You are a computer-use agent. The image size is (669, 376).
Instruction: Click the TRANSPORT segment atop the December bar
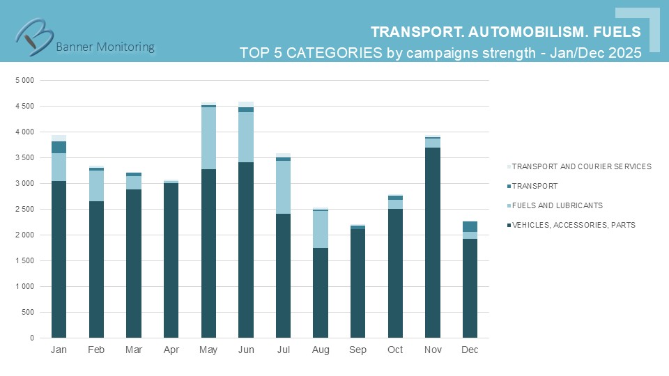click(470, 226)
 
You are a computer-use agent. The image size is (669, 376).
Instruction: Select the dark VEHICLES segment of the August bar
click(321, 292)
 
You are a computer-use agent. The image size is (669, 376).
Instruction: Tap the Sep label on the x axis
click(357, 350)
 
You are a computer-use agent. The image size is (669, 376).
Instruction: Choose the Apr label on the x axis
click(171, 350)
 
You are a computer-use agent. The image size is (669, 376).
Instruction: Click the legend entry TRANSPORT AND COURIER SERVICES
click(582, 166)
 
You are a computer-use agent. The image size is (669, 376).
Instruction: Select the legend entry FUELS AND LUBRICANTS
click(557, 205)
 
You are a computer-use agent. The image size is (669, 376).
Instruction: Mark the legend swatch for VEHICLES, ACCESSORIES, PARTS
click(509, 225)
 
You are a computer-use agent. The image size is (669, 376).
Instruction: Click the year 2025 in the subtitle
click(624, 53)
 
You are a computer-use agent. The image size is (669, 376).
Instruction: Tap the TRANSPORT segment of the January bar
click(59, 147)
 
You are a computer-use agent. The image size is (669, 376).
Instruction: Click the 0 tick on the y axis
click(31, 338)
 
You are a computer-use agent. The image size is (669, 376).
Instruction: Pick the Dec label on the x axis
click(470, 350)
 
